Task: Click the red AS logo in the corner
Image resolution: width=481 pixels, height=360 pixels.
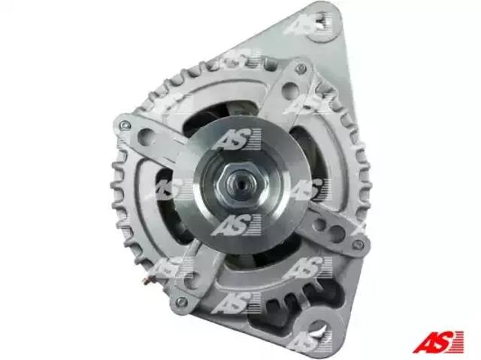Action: [437, 342]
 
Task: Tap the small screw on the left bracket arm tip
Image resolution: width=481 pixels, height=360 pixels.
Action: [126, 125]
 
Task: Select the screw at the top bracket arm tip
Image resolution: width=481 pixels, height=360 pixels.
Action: [301, 68]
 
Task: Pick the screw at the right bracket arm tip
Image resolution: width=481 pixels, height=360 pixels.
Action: [357, 244]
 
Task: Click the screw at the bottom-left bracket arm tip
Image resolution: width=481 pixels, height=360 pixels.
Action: [182, 301]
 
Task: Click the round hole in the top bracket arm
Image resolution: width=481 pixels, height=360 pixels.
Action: [289, 87]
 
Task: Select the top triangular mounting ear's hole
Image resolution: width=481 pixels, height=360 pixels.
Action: [321, 27]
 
